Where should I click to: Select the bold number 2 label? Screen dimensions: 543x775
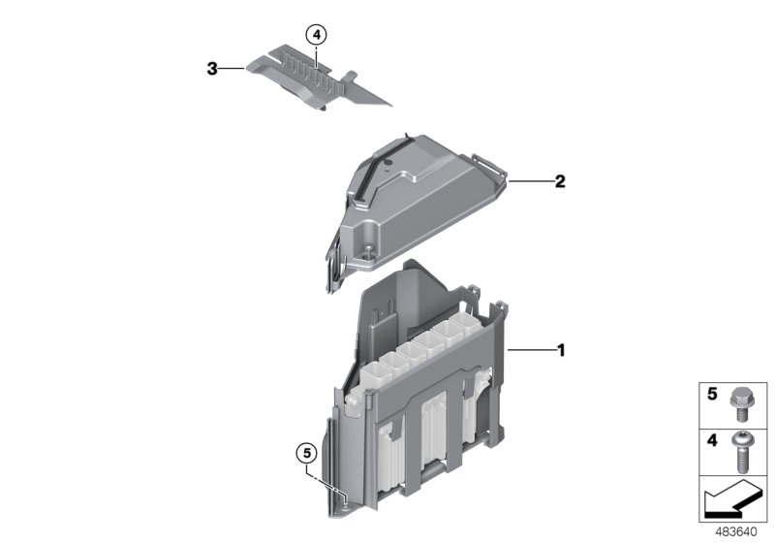[560, 181]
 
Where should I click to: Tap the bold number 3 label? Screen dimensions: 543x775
[211, 69]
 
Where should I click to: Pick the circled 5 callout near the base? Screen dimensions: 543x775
[306, 453]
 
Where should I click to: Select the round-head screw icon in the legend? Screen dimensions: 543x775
[742, 447]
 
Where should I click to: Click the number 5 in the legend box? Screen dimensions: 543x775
[711, 395]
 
